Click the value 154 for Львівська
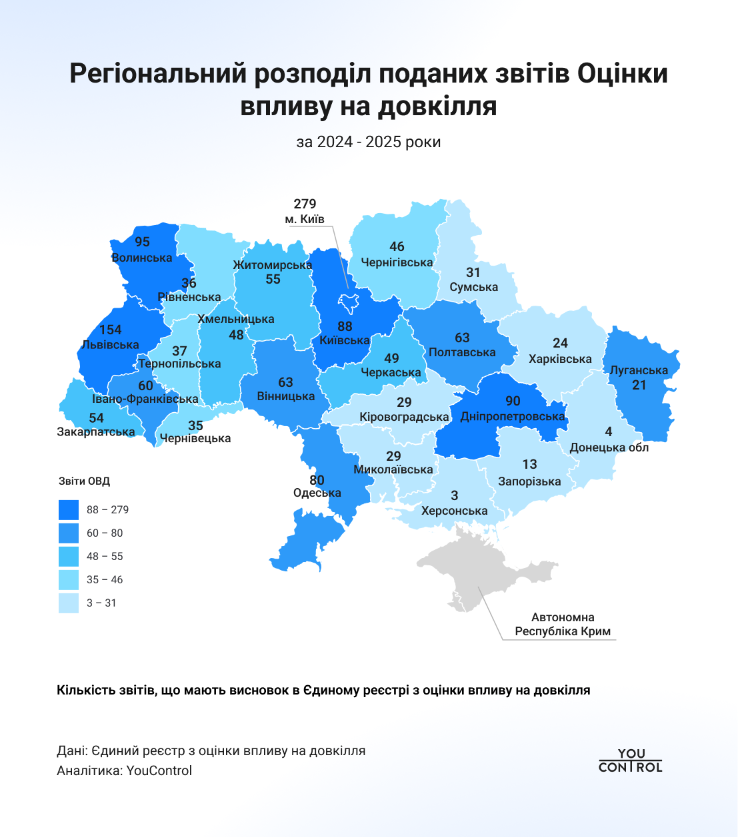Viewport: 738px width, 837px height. [x=111, y=330]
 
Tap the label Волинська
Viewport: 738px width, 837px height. [x=142, y=258]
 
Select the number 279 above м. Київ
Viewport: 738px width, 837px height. [x=305, y=204]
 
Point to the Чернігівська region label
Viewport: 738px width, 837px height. [x=397, y=262]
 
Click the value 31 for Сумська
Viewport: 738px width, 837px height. [x=473, y=272]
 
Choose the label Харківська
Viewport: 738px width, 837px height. [x=560, y=359]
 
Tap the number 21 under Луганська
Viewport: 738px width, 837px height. [x=639, y=385]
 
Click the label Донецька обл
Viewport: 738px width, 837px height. [x=609, y=447]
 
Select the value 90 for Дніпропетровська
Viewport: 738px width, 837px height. [x=513, y=401]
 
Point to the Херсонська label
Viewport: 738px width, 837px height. [x=455, y=511]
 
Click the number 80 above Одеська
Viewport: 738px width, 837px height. [x=317, y=479]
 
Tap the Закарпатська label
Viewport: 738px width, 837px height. [x=96, y=432]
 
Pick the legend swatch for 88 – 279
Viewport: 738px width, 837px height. [x=69, y=510]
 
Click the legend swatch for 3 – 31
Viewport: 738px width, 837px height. [x=69, y=603]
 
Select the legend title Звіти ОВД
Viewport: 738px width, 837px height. [x=84, y=481]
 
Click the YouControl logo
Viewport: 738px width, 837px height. [x=631, y=760]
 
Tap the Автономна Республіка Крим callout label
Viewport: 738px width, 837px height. [x=563, y=625]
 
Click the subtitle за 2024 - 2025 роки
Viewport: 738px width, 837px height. [x=369, y=142]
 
